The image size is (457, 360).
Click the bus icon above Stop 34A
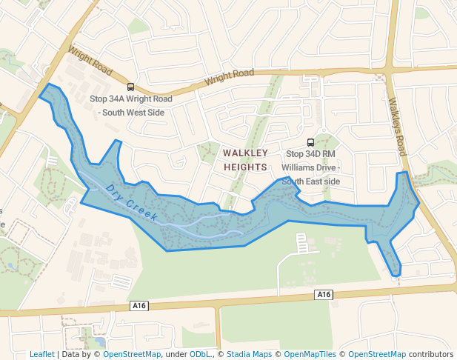tap(131, 87)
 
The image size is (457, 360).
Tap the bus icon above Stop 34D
tap(310, 142)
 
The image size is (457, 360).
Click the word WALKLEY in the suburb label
tap(245, 153)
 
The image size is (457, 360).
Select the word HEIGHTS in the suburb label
tap(245, 167)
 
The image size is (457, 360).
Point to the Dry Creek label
tap(132, 203)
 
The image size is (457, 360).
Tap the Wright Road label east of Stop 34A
tap(230, 75)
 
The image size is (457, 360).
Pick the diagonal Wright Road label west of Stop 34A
tap(90, 62)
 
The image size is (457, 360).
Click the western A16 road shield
tap(139, 305)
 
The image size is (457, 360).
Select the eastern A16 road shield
tap(324, 295)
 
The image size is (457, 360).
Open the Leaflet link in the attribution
tap(42, 355)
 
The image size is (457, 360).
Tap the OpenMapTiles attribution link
tap(311, 355)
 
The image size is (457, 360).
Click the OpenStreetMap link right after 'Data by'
tap(132, 355)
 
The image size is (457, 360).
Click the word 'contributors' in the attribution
tap(430, 355)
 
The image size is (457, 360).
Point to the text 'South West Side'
tap(131, 112)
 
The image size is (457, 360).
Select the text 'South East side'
tap(310, 181)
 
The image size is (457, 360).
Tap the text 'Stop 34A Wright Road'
tap(131, 99)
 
